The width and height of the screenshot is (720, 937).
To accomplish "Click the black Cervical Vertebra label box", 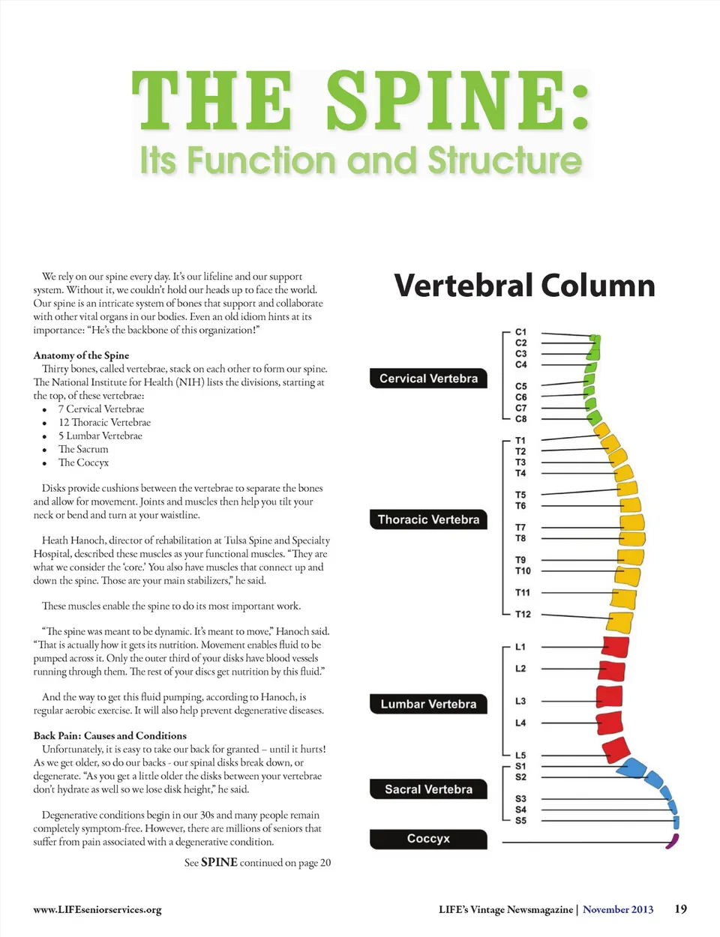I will click(x=428, y=379).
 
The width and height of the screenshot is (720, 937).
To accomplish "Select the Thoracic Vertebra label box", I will click(x=428, y=519).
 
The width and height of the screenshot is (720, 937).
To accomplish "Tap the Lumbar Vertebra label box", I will click(x=428, y=704).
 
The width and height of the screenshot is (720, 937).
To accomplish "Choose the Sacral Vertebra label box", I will click(x=428, y=789).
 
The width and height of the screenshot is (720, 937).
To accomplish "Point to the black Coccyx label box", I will click(x=428, y=839).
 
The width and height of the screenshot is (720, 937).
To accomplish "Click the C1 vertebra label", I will click(x=521, y=331).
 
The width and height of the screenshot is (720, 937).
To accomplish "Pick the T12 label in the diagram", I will click(x=523, y=614).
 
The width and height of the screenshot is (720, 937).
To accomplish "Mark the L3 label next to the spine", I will click(x=520, y=701).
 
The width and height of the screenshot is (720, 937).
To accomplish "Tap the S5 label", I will click(x=520, y=820).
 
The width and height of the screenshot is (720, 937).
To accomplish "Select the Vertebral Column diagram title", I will click(x=524, y=286).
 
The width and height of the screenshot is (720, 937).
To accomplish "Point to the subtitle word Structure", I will click(x=505, y=160).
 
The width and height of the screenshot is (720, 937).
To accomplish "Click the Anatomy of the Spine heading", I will click(x=81, y=355).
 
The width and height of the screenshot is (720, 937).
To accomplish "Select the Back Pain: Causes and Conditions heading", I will click(x=109, y=735).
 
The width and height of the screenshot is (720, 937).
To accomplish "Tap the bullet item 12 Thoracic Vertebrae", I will click(x=104, y=422).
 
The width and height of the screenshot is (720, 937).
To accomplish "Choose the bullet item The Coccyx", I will click(x=83, y=463).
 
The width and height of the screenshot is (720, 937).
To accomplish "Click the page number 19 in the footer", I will click(x=680, y=909).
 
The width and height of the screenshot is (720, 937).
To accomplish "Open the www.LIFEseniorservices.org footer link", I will click(x=97, y=909).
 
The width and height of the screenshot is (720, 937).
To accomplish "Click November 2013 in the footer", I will click(x=618, y=909).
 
